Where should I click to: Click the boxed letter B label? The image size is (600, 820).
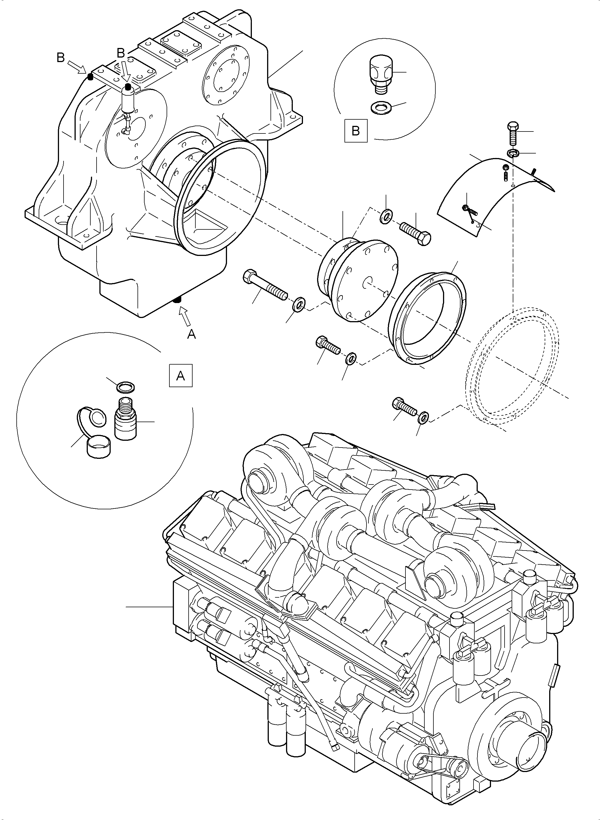click(x=355, y=131)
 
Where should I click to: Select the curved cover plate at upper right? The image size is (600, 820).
click(x=494, y=192)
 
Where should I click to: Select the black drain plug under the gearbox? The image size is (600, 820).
click(x=178, y=300)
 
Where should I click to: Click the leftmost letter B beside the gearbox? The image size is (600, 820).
click(x=61, y=58)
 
